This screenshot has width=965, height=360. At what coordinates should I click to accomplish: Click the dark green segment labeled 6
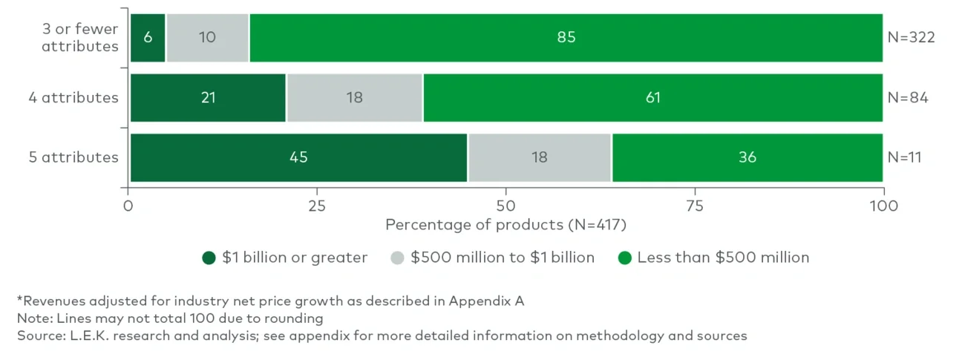point(148,37)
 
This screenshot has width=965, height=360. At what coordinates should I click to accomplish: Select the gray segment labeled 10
point(207,37)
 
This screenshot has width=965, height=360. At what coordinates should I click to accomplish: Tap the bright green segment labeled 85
point(566,37)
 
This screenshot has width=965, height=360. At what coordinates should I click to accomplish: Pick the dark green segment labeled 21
point(208,97)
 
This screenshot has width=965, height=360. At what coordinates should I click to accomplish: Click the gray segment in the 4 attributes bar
point(355,97)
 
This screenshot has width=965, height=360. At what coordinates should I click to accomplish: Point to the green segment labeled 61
point(652,97)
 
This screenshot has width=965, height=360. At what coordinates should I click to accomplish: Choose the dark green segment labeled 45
point(298,157)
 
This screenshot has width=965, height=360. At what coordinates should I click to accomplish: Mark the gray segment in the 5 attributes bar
point(540,157)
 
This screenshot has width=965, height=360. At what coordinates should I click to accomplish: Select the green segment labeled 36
point(747,157)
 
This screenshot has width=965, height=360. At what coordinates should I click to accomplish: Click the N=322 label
point(910,37)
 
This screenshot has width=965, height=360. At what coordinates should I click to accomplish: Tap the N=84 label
point(907,97)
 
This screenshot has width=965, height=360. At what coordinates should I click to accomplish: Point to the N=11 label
point(906,157)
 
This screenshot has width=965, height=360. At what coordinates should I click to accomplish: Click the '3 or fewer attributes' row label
point(79,38)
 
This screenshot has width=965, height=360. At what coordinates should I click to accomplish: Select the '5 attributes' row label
point(79,157)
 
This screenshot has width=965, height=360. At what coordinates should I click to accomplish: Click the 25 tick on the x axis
point(317,205)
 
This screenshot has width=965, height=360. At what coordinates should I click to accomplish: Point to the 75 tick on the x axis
point(694,205)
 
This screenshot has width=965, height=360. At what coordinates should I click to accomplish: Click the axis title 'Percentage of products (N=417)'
point(505,223)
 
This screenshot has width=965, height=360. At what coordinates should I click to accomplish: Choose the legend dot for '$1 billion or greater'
point(209,258)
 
